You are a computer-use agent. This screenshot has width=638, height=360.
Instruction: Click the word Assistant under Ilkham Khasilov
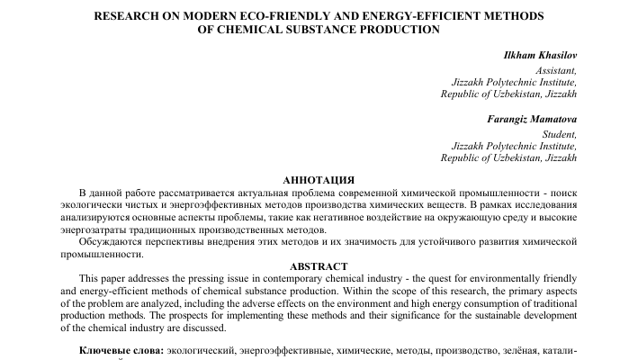555,69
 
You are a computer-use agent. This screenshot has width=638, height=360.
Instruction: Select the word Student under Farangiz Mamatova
559,132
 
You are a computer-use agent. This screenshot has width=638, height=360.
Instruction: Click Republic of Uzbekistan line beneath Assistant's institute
508,94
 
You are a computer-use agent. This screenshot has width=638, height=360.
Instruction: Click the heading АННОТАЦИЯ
319,180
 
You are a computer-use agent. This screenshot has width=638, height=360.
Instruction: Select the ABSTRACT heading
319,266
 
